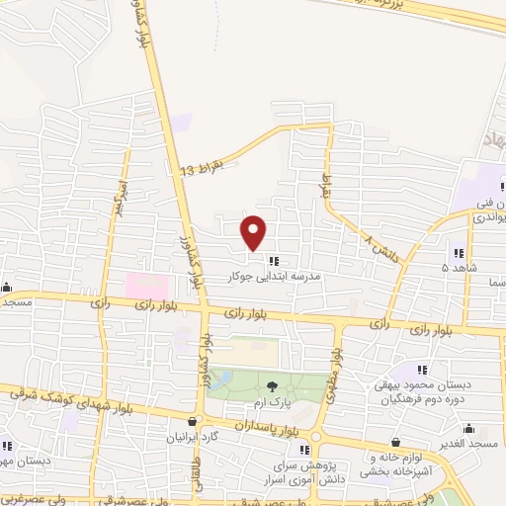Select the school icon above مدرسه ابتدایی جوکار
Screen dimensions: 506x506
click(x=272, y=261)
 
